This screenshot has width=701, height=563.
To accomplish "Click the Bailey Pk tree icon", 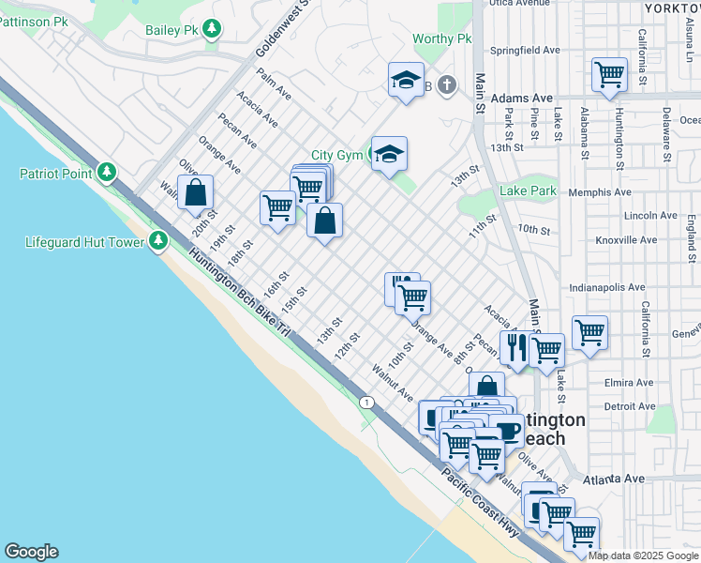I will (213, 30).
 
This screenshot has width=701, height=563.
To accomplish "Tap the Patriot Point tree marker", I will (108, 173).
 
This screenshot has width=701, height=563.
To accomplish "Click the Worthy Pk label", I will (442, 38).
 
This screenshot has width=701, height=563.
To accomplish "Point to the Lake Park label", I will (529, 190).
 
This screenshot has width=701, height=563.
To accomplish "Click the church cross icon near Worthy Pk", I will (447, 86).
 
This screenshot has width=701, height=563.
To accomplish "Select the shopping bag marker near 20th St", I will (196, 194).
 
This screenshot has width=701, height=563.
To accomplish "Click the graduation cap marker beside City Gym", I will (388, 153).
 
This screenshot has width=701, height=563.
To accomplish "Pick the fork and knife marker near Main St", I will (515, 348).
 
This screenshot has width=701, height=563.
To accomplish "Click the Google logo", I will (31, 552).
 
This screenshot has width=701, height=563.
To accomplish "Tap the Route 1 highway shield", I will (366, 402).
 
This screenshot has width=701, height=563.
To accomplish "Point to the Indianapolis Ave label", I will (607, 287).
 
